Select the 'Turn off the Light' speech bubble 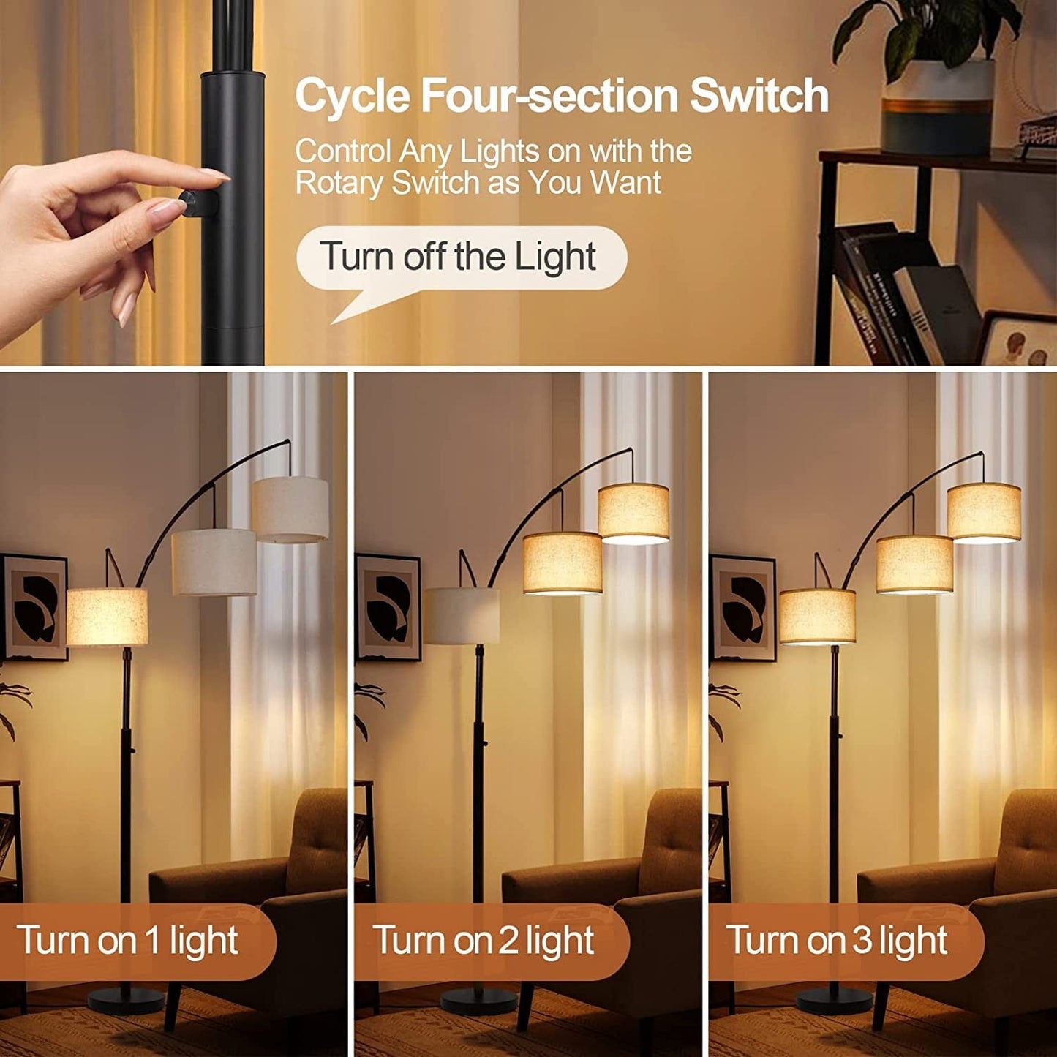point(461,257)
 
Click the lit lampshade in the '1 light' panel point(108,617)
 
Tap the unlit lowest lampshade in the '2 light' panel point(462,616)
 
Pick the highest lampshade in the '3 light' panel point(984,511)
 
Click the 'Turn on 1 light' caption point(128,940)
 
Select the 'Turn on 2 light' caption point(484,940)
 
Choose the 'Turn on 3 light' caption point(837,940)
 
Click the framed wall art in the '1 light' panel point(34,607)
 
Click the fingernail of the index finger point(215,174)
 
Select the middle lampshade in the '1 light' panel point(214,562)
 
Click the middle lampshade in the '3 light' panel point(914,564)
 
